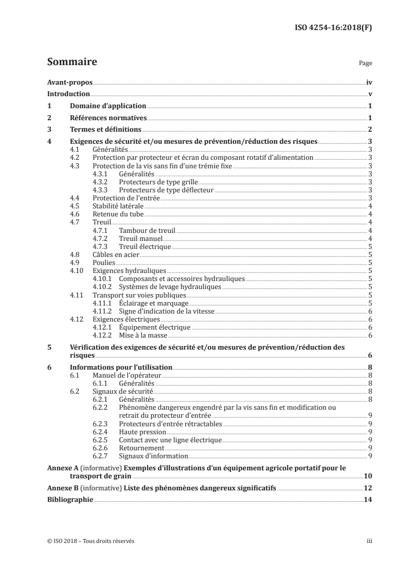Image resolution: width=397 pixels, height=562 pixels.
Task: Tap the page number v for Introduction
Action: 369,94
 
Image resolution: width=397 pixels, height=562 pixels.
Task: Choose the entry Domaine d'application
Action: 108,106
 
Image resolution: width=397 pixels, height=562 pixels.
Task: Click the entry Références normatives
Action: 108,118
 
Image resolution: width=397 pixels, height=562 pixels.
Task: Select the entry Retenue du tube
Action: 113,214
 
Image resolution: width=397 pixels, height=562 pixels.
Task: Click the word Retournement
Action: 142,448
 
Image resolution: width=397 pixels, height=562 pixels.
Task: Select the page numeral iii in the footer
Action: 369,541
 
